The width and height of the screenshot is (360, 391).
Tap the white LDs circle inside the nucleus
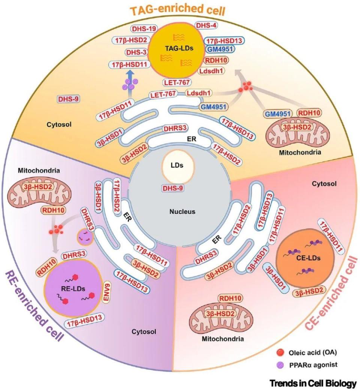[178, 165]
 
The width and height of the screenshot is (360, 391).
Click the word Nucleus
[182, 212]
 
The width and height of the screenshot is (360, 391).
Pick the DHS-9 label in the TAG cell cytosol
[69, 99]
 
